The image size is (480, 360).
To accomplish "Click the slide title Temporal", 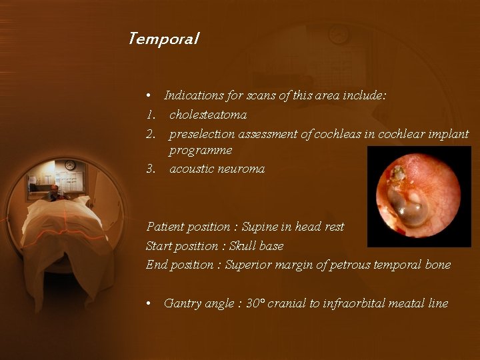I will coord(163,39).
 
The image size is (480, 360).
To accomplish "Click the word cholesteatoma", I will coord(208,115).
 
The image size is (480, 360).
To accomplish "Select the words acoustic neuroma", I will coord(217,169).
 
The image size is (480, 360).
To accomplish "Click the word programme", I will coord(200,151).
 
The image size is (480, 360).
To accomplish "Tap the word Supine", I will coord(261,227).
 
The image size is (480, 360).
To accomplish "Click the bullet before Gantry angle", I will coord(150,304).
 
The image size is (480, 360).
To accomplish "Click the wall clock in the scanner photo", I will coord(70,165).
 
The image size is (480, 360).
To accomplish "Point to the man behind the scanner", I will coord(53,193).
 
